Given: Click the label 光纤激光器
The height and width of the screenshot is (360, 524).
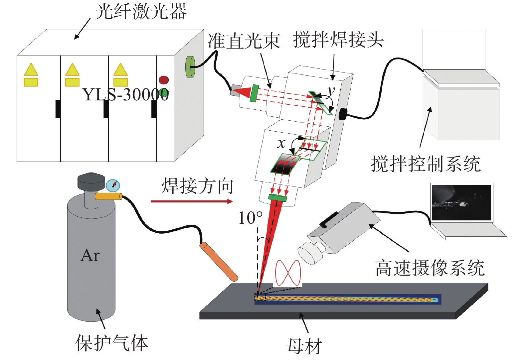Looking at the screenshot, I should [141, 12].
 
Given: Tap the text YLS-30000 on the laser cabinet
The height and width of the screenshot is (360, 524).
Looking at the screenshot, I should [126, 94].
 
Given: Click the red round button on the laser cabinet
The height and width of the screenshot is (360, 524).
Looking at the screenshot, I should [164, 80].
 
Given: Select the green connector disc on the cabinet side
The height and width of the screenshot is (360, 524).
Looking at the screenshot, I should [190, 67].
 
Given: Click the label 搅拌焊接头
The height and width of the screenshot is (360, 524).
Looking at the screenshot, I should [338, 40].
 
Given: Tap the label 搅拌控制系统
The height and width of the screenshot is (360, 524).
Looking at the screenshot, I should [426, 164].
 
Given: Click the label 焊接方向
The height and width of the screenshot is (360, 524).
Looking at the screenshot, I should [197, 186].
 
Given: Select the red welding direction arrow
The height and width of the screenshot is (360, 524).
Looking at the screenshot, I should [191, 201].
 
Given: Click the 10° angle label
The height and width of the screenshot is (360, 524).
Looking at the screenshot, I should [250, 218].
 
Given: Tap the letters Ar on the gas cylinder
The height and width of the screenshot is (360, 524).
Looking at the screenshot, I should [90, 255].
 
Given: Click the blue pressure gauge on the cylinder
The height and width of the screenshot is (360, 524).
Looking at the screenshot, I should [113, 185].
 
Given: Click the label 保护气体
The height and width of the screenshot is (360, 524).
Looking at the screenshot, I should [112, 343].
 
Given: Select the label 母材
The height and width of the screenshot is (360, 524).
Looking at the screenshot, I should [304, 347].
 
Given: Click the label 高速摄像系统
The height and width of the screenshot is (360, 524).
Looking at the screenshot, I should [430, 268].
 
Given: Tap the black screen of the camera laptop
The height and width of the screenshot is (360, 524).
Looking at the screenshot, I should [461, 202].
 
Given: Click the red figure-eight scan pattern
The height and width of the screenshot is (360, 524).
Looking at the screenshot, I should [288, 273].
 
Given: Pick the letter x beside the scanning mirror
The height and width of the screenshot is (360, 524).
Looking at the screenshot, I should [281, 143].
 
